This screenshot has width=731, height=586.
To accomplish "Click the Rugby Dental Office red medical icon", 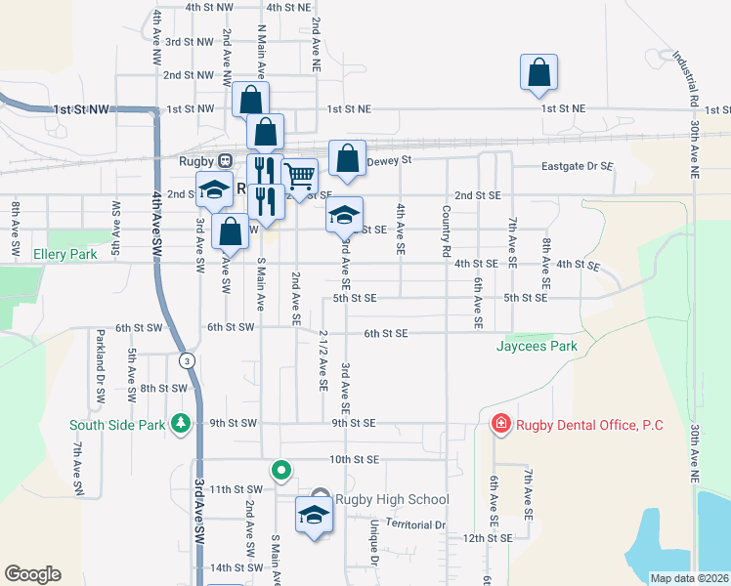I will [500, 424].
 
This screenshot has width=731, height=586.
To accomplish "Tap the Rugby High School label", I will [392, 500].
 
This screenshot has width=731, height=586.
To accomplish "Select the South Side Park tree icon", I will [180, 424].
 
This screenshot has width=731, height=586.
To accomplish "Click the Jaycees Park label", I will [536, 346].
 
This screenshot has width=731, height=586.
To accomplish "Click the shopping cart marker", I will [300, 176].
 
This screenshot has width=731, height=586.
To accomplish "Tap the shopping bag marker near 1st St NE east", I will [538, 73].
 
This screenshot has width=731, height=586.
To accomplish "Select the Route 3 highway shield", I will [186, 361].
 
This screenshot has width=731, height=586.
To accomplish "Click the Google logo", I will [32, 574].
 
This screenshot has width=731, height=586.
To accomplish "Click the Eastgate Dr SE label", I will [578, 167].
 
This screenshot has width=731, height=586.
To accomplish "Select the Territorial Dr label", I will [415, 524].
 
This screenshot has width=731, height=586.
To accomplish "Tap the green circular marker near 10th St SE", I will [281, 472].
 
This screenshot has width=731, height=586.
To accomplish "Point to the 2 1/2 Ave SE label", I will [322, 360].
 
